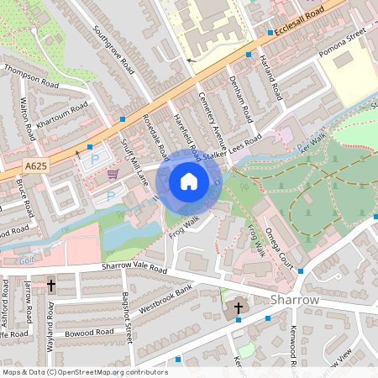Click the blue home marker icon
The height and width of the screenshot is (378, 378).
189,181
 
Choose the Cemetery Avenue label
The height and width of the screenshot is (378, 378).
217,118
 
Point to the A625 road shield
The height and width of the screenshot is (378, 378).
36,166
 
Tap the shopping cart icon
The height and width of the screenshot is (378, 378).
113,174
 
